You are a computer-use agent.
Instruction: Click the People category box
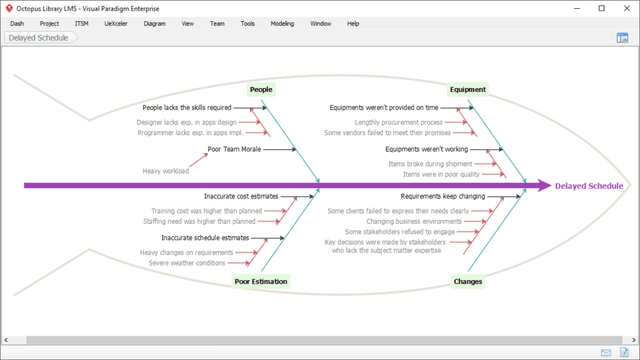(x=261, y=89)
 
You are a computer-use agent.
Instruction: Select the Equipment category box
(x=467, y=89)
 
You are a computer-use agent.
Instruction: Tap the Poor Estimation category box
(x=261, y=281)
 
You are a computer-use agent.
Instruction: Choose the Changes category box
(x=467, y=281)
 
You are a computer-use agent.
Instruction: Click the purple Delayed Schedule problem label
(x=589, y=186)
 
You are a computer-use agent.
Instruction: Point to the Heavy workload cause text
(x=166, y=171)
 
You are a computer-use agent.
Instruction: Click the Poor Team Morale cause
(x=234, y=149)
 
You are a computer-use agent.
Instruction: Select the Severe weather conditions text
(x=187, y=263)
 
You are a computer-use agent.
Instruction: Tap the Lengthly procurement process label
(x=398, y=122)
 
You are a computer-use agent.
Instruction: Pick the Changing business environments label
(x=414, y=221)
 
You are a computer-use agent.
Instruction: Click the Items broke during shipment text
(x=430, y=164)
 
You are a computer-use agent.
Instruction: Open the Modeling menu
(x=282, y=24)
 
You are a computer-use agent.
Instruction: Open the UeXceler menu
(x=116, y=24)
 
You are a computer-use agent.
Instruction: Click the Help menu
(x=353, y=24)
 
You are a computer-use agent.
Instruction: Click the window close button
(x=627, y=8)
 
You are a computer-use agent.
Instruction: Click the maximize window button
(x=602, y=8)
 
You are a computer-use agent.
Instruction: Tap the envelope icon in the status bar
(x=606, y=352)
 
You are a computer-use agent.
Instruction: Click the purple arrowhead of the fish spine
(x=544, y=185)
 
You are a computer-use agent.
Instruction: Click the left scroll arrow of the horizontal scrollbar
(x=6, y=339)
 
